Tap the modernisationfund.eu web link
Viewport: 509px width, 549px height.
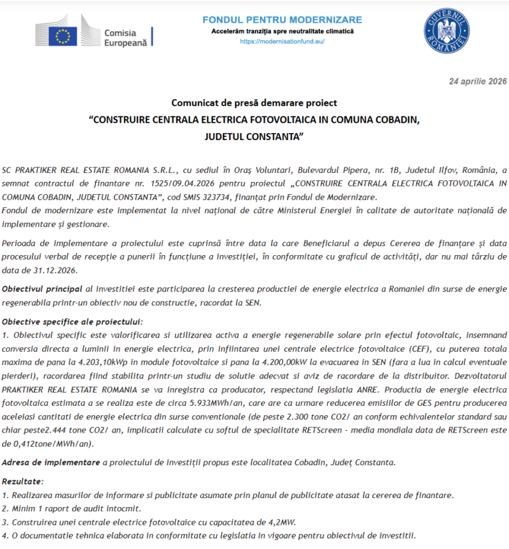coord(282,41)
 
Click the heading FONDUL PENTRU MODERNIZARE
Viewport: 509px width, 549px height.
coord(282,20)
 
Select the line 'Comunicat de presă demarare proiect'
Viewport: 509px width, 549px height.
coord(254,102)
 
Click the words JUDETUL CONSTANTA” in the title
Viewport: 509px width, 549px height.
coord(254,136)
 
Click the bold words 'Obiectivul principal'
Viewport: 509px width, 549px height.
coord(43,289)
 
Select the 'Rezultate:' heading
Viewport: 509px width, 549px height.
coord(25,482)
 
